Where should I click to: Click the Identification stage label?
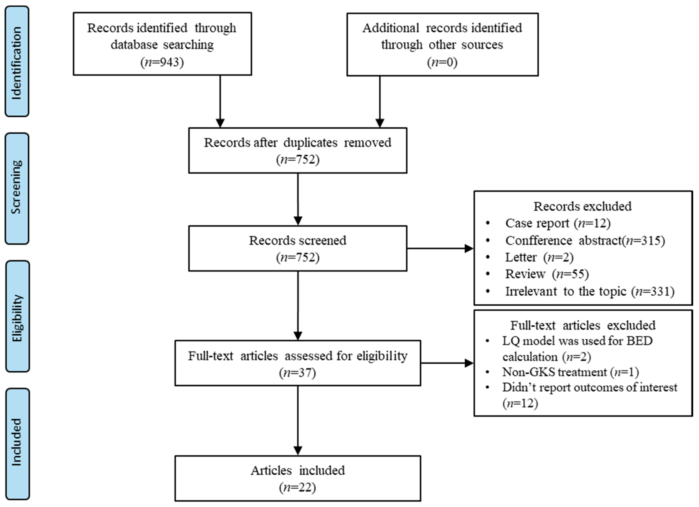click(x=17, y=62)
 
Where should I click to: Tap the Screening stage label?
click(x=17, y=188)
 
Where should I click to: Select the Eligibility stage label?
click(x=18, y=316)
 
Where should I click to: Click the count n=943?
click(x=162, y=62)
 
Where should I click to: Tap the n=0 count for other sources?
click(x=442, y=62)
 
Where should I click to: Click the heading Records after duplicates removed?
click(x=297, y=143)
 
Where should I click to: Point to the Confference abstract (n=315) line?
click(x=585, y=240)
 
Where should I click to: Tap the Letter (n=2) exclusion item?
click(x=539, y=257)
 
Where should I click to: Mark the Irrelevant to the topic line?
click(x=589, y=291)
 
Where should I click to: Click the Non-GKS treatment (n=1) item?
click(x=570, y=372)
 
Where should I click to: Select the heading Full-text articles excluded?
click(x=583, y=325)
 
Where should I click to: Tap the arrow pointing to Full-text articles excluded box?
click(x=447, y=363)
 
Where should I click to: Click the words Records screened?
click(x=297, y=240)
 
